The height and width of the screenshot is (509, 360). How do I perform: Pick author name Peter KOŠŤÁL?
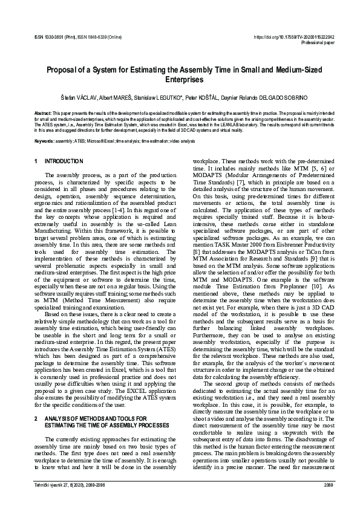click(x=201, y=97)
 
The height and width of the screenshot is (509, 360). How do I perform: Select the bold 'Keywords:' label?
click(x=44, y=140)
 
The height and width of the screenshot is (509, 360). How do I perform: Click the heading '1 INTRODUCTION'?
click(x=59, y=161)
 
